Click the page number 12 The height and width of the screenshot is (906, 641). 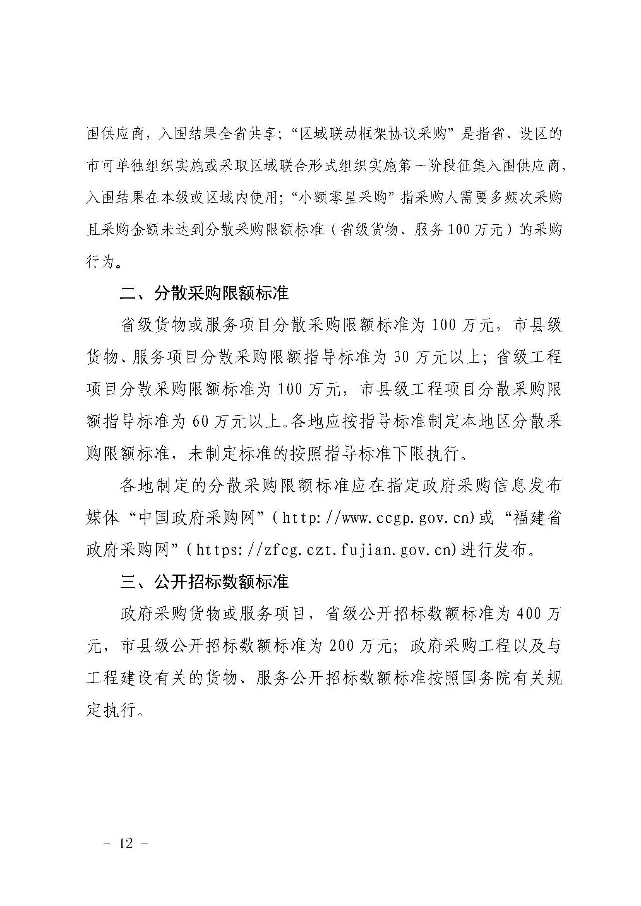(x=126, y=843)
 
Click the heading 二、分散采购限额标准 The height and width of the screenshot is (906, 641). (x=204, y=293)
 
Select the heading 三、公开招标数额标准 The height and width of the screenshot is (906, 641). (x=204, y=582)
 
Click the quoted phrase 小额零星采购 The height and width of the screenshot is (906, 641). (x=344, y=198)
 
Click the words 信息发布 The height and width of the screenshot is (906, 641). (x=528, y=486)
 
